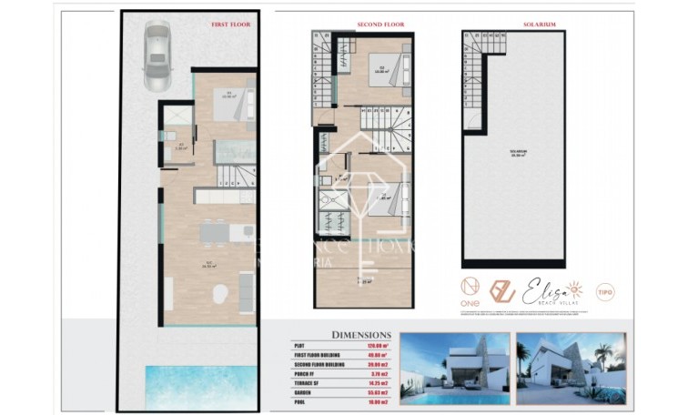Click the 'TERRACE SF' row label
pos(306,380)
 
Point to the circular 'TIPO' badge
pos(604,292)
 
